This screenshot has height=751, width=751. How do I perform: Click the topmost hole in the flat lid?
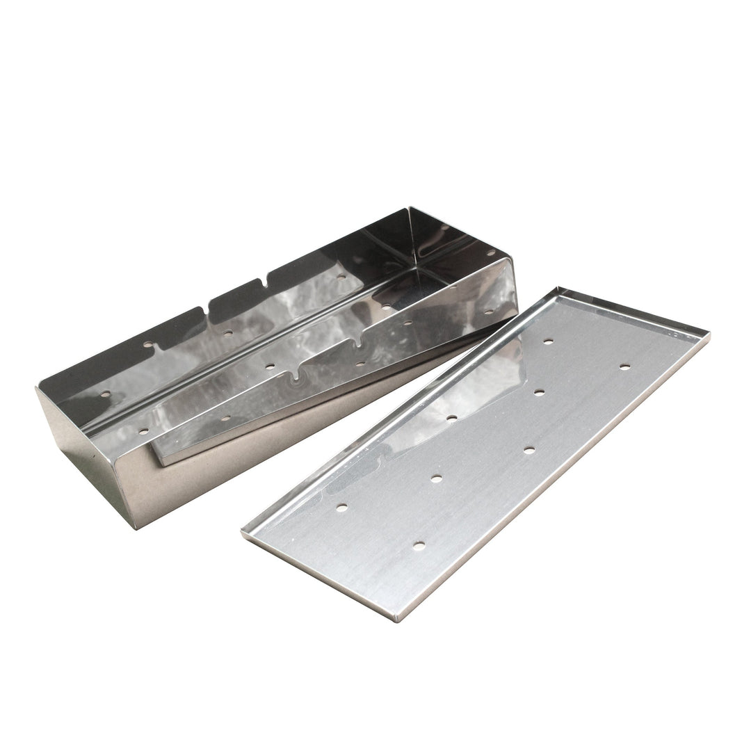pos(548,341)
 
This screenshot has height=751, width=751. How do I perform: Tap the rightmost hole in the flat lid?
pos(624,366)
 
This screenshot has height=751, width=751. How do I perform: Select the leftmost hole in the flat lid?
pos(341,508)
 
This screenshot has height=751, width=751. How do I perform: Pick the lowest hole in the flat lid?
pos(419,546)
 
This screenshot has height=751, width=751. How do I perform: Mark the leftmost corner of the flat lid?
pos(243,533)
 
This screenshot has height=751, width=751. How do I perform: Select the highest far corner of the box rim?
pos(410,207)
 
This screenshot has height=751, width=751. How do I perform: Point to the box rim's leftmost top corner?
pos(36,387)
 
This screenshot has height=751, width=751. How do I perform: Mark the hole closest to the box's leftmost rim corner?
pos(105,394)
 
